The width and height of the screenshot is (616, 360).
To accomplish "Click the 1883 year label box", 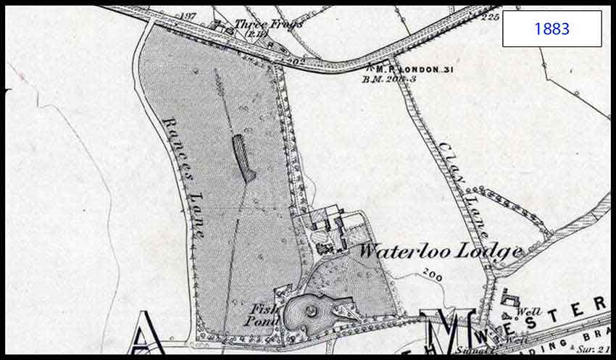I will (x=552, y=29).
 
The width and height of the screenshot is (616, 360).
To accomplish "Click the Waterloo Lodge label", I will (x=441, y=252).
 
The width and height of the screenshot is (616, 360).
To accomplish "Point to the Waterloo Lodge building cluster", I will (x=329, y=230).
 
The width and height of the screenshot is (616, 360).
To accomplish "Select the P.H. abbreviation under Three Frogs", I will (x=257, y=33).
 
